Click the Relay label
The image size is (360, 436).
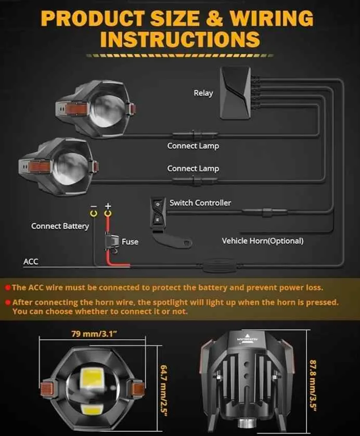[x=203, y=93]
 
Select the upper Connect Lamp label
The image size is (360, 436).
[x=193, y=146]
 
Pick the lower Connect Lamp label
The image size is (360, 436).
[x=193, y=169]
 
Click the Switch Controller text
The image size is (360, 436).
[x=200, y=202]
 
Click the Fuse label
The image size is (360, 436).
[x=130, y=242]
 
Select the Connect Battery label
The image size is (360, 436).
[x=60, y=226]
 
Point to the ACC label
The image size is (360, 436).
[x=31, y=261]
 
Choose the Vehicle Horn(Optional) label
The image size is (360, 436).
[x=262, y=241]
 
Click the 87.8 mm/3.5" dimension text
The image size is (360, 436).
[x=313, y=384]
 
